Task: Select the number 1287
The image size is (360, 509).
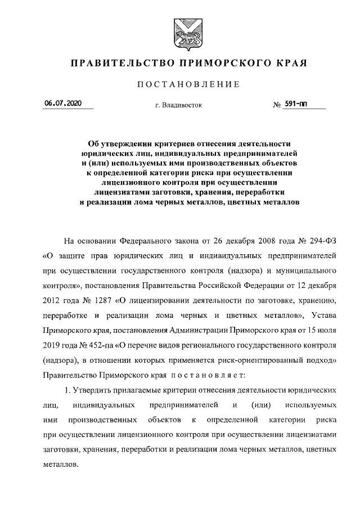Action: click(92, 299)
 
